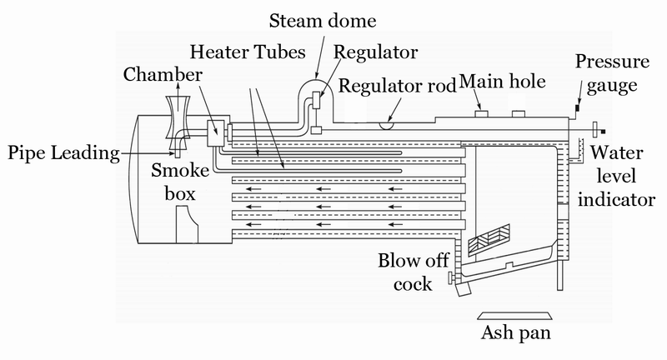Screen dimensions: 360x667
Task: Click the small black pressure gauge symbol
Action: click(576, 107)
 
